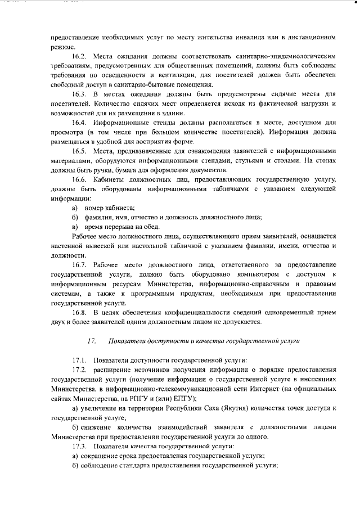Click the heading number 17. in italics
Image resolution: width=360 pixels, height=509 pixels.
click(92, 341)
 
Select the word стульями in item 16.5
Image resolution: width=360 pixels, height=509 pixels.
click(267, 161)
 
